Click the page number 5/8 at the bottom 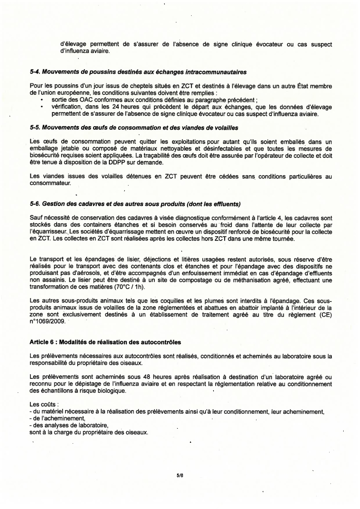click(180, 475)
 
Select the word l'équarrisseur click(49, 233)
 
